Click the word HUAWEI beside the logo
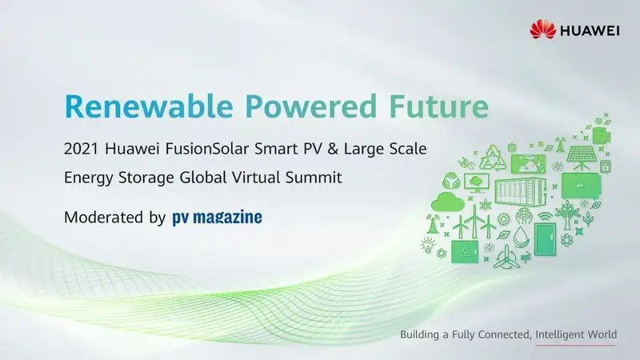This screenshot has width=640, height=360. click(589, 30)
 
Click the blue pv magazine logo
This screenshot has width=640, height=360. click(217, 218)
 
